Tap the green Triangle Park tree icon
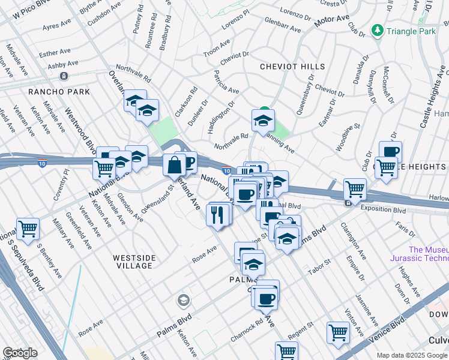[378, 29]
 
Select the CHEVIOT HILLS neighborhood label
[292, 67]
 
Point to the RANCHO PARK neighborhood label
[59, 92]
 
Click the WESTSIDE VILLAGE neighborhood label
[134, 262]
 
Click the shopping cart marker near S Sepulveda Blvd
[28, 229]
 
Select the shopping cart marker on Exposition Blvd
[355, 189]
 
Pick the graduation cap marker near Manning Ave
[263, 120]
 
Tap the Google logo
[20, 353]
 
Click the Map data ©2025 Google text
[412, 355]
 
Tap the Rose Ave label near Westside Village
[203, 254]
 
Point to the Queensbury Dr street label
[305, 96]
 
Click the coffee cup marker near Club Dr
[390, 152]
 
